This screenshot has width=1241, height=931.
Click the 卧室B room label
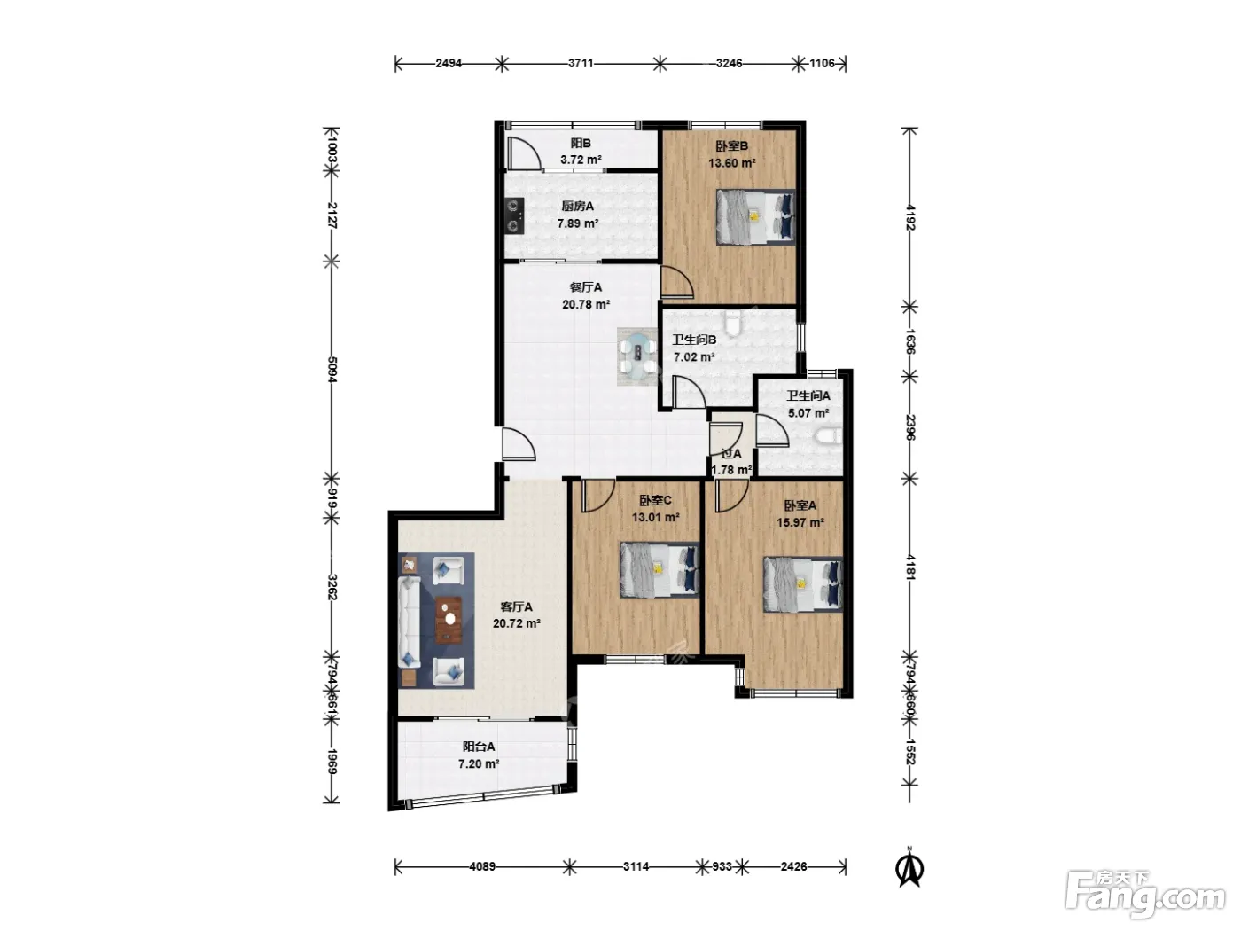click(731, 145)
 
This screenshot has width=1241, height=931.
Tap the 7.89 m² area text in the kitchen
click(577, 223)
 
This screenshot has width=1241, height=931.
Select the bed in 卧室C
click(660, 570)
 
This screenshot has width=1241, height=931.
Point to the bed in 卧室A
click(802, 584)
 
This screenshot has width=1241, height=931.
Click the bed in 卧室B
click(755, 217)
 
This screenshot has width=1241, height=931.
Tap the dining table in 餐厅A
click(637, 356)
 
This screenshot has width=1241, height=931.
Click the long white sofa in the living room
click(410, 622)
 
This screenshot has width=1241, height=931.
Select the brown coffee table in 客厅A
click(449, 620)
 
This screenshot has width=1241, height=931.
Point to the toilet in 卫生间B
click(733, 322)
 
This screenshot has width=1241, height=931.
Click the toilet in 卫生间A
click(829, 436)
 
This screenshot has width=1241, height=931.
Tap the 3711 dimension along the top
click(581, 63)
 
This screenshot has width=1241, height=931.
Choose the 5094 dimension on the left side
click(332, 370)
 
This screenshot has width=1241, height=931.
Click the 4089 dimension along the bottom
click(482, 866)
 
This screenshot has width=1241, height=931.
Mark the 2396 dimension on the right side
click(910, 427)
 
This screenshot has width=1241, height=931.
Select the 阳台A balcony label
click(479, 747)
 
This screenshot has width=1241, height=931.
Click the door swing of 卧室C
click(597, 496)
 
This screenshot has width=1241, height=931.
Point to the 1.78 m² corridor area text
click(731, 470)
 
